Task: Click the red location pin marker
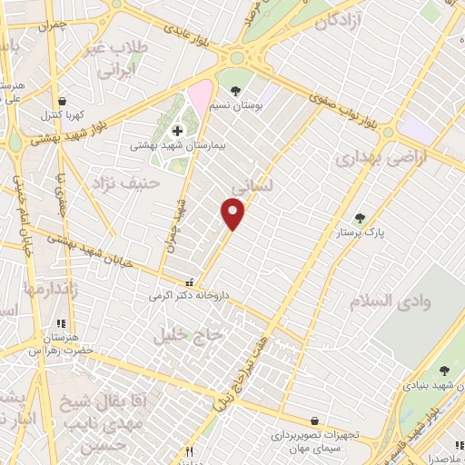click(x=233, y=213)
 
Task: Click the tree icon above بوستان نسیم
click(x=236, y=90)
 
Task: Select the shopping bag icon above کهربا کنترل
click(x=61, y=102)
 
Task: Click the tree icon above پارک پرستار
click(x=361, y=218)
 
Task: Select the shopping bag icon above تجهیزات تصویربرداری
click(x=314, y=421)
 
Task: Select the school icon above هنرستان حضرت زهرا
click(x=61, y=323)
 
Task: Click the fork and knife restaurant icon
click(x=190, y=451)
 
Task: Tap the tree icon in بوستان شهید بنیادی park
click(x=444, y=371)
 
